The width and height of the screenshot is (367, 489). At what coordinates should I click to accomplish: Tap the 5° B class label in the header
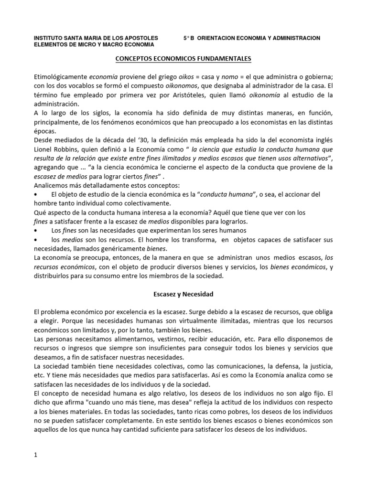[x=189, y=38]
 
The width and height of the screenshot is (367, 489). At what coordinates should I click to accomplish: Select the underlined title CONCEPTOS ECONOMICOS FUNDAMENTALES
[x=183, y=59]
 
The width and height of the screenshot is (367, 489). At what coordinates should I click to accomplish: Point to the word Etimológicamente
[x=60, y=76]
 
